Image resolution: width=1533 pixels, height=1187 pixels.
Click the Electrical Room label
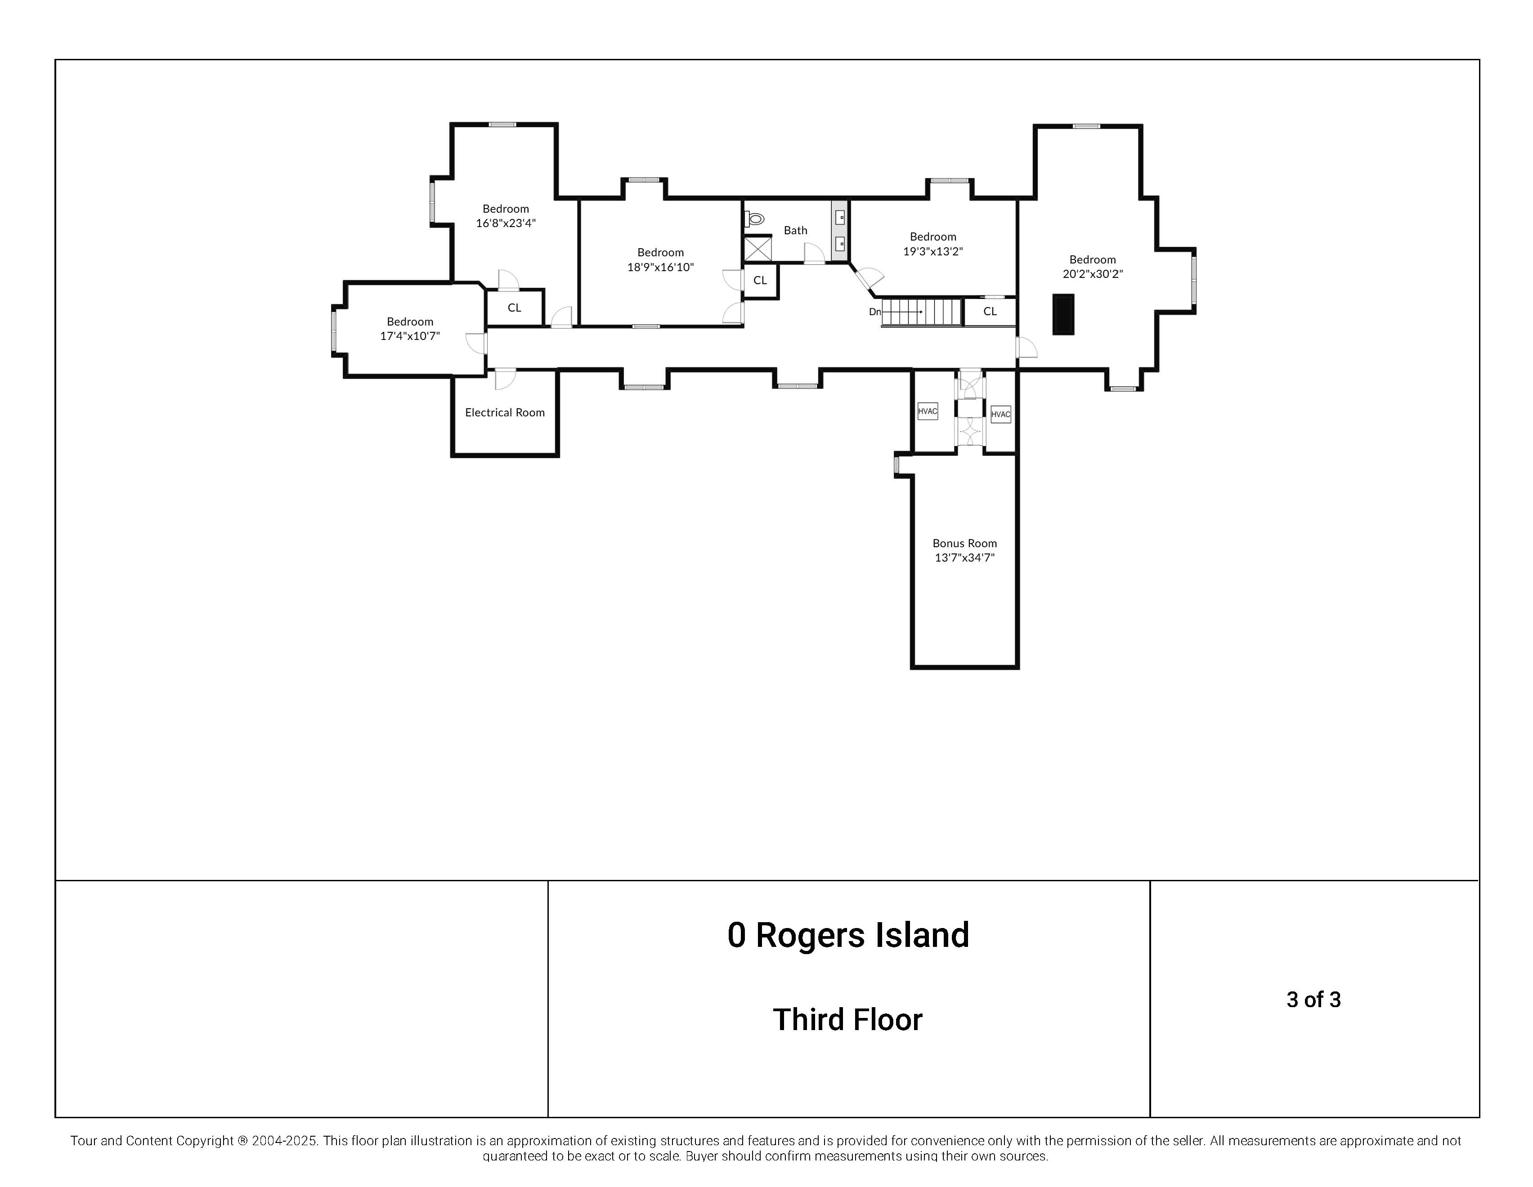point(505,412)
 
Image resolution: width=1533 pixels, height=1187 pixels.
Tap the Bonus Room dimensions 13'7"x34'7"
point(964,558)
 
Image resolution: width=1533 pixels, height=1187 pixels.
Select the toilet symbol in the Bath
point(754,219)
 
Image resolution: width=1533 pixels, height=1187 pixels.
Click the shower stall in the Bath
point(758,249)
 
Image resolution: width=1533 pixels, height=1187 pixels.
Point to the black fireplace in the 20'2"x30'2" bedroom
point(1063,314)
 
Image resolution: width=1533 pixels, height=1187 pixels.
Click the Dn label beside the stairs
point(874,312)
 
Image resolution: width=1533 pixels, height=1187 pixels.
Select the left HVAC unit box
point(927,411)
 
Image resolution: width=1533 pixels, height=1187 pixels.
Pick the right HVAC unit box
point(1000,414)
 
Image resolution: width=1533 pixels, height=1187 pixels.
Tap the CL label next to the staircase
point(990,312)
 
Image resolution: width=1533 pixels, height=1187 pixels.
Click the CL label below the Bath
point(760,281)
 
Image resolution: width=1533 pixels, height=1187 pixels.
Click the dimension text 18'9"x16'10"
point(660,267)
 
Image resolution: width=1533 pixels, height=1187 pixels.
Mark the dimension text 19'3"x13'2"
point(933,251)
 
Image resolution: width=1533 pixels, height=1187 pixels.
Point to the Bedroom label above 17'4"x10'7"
point(410,321)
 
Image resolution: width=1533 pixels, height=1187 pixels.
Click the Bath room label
point(795,230)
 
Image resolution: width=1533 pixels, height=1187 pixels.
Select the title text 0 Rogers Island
point(848,935)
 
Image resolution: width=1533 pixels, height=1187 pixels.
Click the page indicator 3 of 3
point(1313,1000)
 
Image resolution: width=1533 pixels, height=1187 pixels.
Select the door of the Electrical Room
point(505,379)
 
